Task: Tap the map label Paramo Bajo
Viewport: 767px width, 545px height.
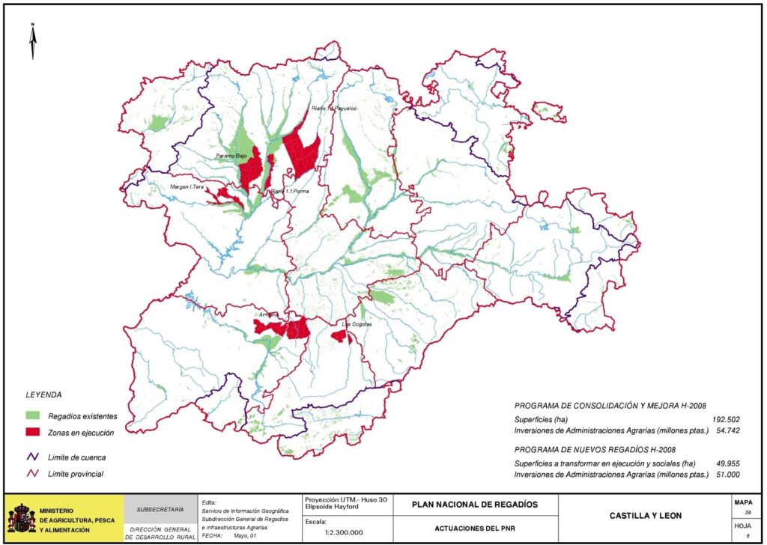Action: coord(231,156)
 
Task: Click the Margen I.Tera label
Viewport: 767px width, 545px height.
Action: coord(187,186)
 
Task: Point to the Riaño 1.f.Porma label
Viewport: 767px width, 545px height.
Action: coord(290,192)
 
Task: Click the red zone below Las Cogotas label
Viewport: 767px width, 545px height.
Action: coord(342,336)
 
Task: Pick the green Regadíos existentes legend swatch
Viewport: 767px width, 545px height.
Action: coord(32,415)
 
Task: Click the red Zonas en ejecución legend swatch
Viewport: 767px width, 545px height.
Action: coord(32,432)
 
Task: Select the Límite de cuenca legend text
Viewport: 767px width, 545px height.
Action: coord(76,457)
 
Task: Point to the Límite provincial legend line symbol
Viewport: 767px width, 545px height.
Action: coord(33,474)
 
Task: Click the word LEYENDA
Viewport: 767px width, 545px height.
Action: coord(43,395)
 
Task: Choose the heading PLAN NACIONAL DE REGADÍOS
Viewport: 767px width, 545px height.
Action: coord(475,504)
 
